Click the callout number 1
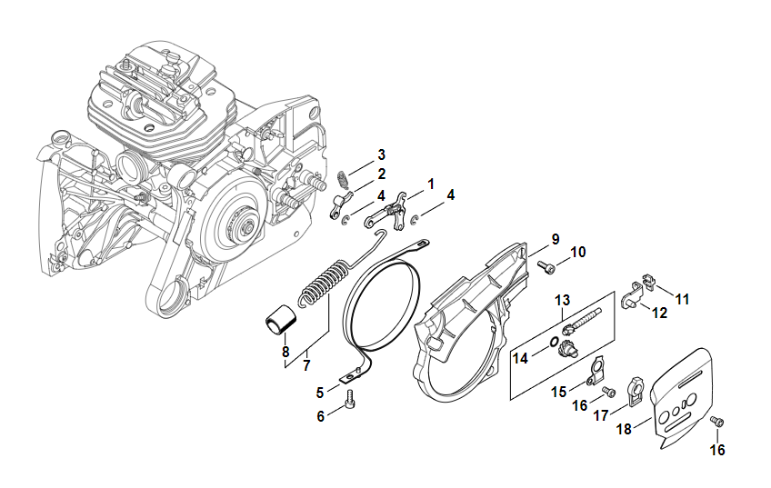tap(431, 184)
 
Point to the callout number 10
tap(578, 252)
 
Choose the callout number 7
tap(306, 365)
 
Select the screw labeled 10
tap(546, 266)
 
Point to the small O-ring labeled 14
tap(552, 342)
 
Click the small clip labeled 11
tap(647, 284)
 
